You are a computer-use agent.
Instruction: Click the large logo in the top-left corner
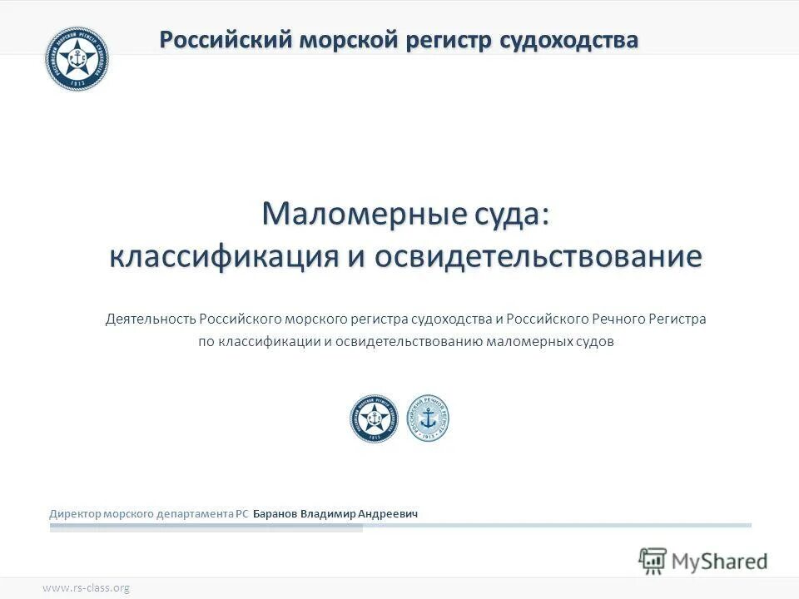pos(77,57)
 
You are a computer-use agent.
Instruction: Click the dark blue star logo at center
pos(374,418)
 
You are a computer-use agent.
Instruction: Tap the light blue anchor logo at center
pos(428,418)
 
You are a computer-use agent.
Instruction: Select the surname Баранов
pos(275,514)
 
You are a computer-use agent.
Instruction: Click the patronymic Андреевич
pos(390,514)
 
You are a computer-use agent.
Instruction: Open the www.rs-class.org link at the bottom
pos(86,588)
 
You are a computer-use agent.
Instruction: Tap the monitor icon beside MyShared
pos(653,560)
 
